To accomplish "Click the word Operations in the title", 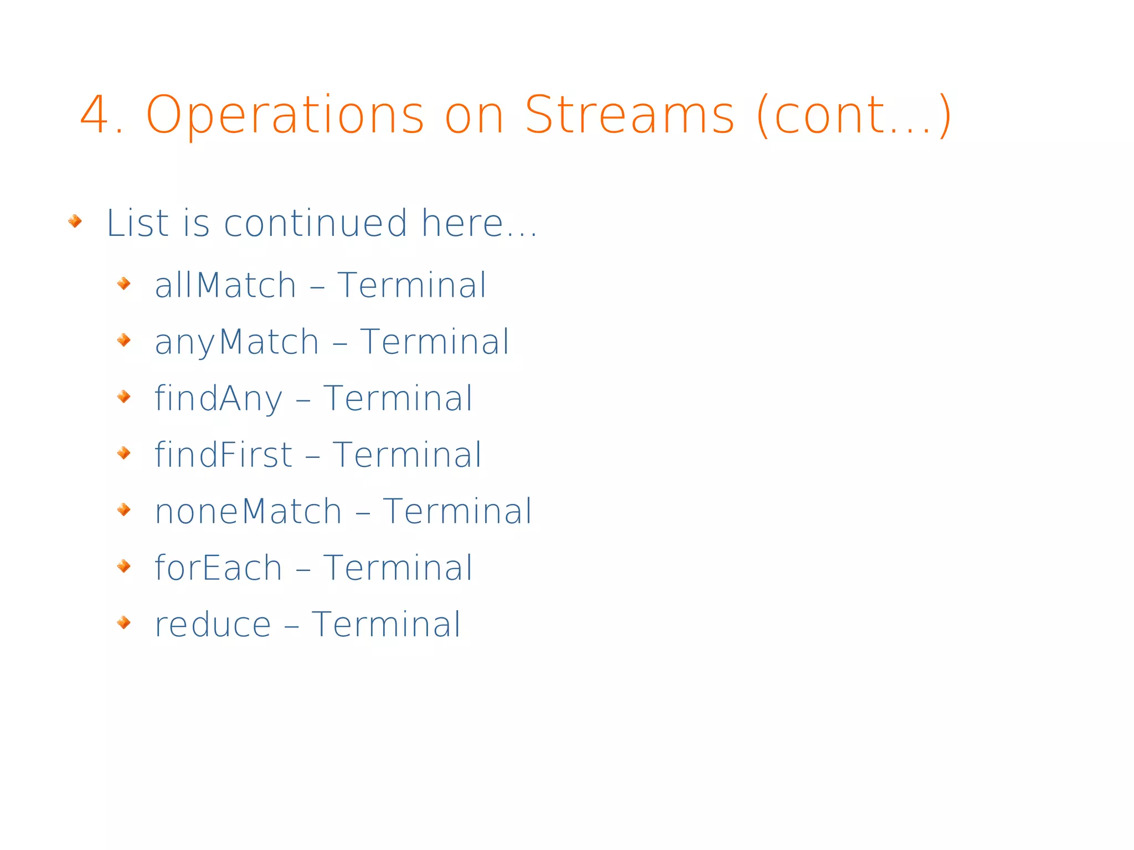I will pos(285,116).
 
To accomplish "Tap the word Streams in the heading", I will pos(629,115).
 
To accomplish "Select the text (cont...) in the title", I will pos(853,116).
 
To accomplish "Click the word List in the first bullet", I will pos(137,223).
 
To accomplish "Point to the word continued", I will pos(316,223).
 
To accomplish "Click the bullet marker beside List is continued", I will pos(75,221).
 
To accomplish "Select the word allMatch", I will pos(225,285).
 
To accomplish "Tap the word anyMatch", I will pos(237,342).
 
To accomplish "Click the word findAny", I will pos(218,399).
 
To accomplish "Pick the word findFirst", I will pos(223,455).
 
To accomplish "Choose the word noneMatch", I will pos(248,511).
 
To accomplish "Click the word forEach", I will pos(218,568).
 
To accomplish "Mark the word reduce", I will pos(213,625).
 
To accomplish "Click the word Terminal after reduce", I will pos(386,625).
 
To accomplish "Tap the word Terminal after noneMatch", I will pos(457,511).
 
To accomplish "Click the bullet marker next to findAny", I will pos(124,396).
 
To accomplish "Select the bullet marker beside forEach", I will pos(124,566).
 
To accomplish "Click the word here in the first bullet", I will pos(462,223).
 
